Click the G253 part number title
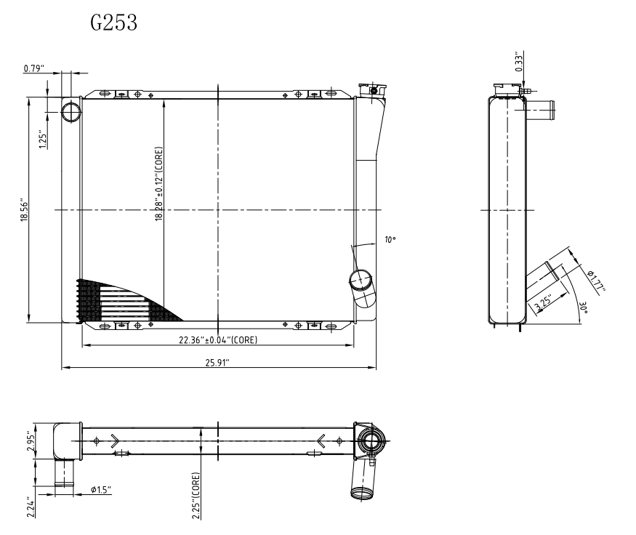tap(114, 23)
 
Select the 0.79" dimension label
tap(33, 68)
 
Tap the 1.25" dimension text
tap(43, 139)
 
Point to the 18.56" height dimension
tap(24, 209)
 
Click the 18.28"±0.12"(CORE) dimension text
tap(159, 184)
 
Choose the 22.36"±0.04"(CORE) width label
tap(218, 340)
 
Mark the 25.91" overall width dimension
tap(217, 363)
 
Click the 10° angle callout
tap(390, 240)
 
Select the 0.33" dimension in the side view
tap(519, 62)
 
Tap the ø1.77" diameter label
tap(596, 281)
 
